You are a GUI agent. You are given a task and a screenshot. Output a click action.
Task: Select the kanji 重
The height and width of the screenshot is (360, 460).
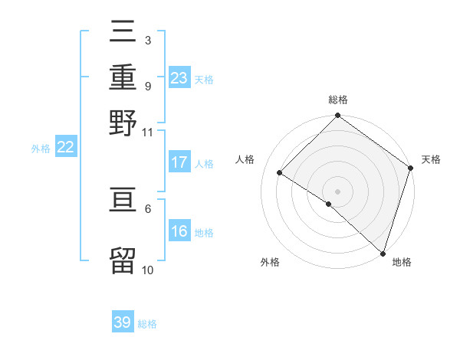click(123, 78)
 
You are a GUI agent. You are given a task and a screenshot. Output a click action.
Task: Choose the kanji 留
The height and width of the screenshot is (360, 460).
click(123, 260)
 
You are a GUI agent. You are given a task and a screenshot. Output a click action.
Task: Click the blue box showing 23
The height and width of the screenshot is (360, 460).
click(179, 78)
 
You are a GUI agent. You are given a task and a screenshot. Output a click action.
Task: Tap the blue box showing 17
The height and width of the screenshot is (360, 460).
click(179, 162)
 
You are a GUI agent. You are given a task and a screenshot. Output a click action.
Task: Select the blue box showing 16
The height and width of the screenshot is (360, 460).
click(179, 232)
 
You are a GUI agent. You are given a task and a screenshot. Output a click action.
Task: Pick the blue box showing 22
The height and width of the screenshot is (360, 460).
click(66, 148)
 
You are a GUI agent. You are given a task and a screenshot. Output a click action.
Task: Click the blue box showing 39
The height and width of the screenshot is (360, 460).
click(123, 322)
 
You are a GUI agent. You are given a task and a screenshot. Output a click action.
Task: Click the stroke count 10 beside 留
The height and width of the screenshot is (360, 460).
click(147, 270)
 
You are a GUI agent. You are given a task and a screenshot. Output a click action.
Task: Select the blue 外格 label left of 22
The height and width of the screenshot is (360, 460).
click(41, 149)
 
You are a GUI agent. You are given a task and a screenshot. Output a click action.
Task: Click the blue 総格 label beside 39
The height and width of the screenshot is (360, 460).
click(147, 324)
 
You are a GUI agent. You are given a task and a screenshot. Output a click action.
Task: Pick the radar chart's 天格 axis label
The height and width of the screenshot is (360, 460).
click(431, 159)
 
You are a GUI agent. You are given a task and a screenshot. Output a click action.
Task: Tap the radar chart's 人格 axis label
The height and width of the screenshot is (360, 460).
click(245, 159)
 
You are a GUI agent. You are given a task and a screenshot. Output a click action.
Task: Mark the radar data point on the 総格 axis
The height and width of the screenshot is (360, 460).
click(337, 116)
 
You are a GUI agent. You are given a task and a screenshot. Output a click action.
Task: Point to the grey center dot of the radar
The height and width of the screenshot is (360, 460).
click(337, 191)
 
